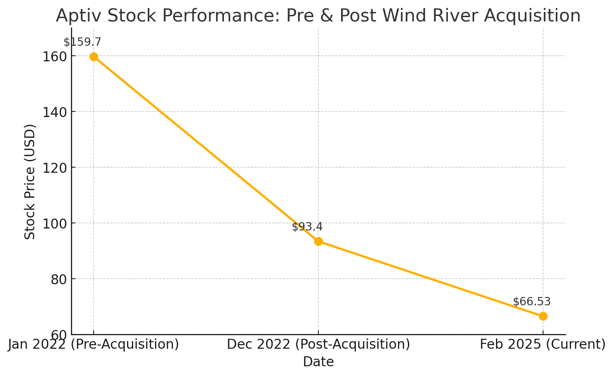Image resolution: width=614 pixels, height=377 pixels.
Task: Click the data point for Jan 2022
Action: (94, 57)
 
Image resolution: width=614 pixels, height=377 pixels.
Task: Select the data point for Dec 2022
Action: (318, 241)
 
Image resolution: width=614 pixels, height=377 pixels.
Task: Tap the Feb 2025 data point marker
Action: (543, 316)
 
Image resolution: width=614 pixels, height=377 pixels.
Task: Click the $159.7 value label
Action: (82, 42)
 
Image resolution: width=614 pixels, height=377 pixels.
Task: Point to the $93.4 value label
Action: (307, 227)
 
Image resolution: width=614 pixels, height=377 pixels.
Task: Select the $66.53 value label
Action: (532, 302)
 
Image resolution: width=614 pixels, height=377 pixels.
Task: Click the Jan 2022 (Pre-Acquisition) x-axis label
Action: (94, 344)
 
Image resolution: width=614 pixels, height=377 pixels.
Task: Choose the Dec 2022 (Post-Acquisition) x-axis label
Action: (318, 344)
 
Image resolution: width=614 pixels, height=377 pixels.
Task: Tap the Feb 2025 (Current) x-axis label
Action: (543, 344)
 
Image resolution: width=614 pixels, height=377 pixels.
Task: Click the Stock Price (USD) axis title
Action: (30, 182)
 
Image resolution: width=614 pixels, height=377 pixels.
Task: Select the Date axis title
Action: (318, 362)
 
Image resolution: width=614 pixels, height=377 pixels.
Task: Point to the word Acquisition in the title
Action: (533, 16)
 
